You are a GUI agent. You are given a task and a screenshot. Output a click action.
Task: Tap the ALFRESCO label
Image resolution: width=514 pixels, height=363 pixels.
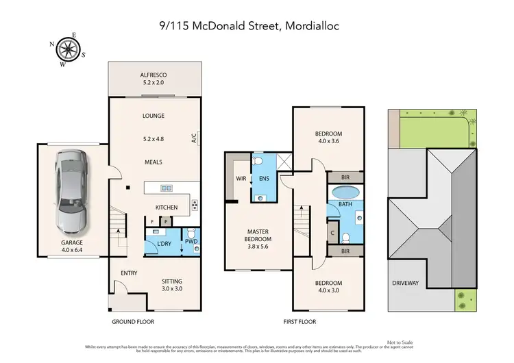154,75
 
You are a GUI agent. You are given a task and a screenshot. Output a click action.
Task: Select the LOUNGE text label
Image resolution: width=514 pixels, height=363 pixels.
154,116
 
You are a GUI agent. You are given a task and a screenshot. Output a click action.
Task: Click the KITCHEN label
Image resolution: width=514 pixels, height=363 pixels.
167,208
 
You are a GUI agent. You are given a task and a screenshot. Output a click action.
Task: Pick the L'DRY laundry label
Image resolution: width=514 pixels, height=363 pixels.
164,244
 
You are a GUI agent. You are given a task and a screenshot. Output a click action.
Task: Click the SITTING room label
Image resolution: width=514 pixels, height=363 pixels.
172,281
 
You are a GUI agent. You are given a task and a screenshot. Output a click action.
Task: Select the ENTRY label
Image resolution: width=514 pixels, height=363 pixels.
129,273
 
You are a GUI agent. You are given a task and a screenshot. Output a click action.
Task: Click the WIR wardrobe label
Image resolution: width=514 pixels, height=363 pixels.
241,179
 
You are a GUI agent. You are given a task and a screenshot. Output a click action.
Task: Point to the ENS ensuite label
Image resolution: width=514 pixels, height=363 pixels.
263,179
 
